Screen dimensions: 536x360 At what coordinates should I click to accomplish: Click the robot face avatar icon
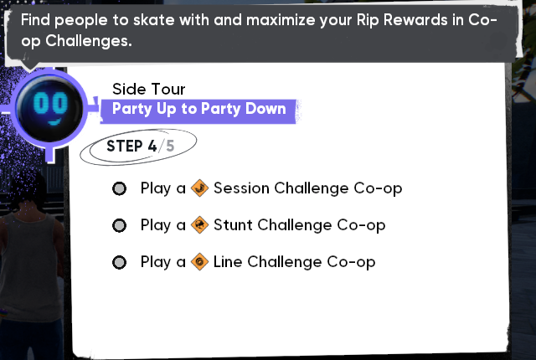pos(49,110)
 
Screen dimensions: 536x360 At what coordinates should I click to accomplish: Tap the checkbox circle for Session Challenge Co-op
pos(119,188)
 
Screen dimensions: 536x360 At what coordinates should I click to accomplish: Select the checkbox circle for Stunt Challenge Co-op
pos(119,225)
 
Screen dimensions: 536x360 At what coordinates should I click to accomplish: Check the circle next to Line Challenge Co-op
pos(119,262)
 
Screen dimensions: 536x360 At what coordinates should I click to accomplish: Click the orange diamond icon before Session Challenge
pos(199,188)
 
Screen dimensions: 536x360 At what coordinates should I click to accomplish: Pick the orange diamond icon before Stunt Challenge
pos(199,225)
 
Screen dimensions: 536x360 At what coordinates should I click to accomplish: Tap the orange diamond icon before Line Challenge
pos(199,262)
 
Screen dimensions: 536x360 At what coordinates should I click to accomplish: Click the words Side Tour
pos(149,89)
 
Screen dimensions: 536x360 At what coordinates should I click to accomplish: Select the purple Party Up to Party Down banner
pos(199,111)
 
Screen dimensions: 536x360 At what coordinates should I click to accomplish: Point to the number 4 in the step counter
pos(152,147)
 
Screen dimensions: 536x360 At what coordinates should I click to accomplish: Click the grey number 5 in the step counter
pos(170,147)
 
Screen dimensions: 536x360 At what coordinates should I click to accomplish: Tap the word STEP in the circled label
pos(125,147)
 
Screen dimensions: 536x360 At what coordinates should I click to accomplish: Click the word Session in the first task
pos(241,188)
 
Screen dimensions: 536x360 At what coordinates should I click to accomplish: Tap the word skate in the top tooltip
pos(154,20)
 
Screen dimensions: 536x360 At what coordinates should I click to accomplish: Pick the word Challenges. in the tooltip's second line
pos(89,41)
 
